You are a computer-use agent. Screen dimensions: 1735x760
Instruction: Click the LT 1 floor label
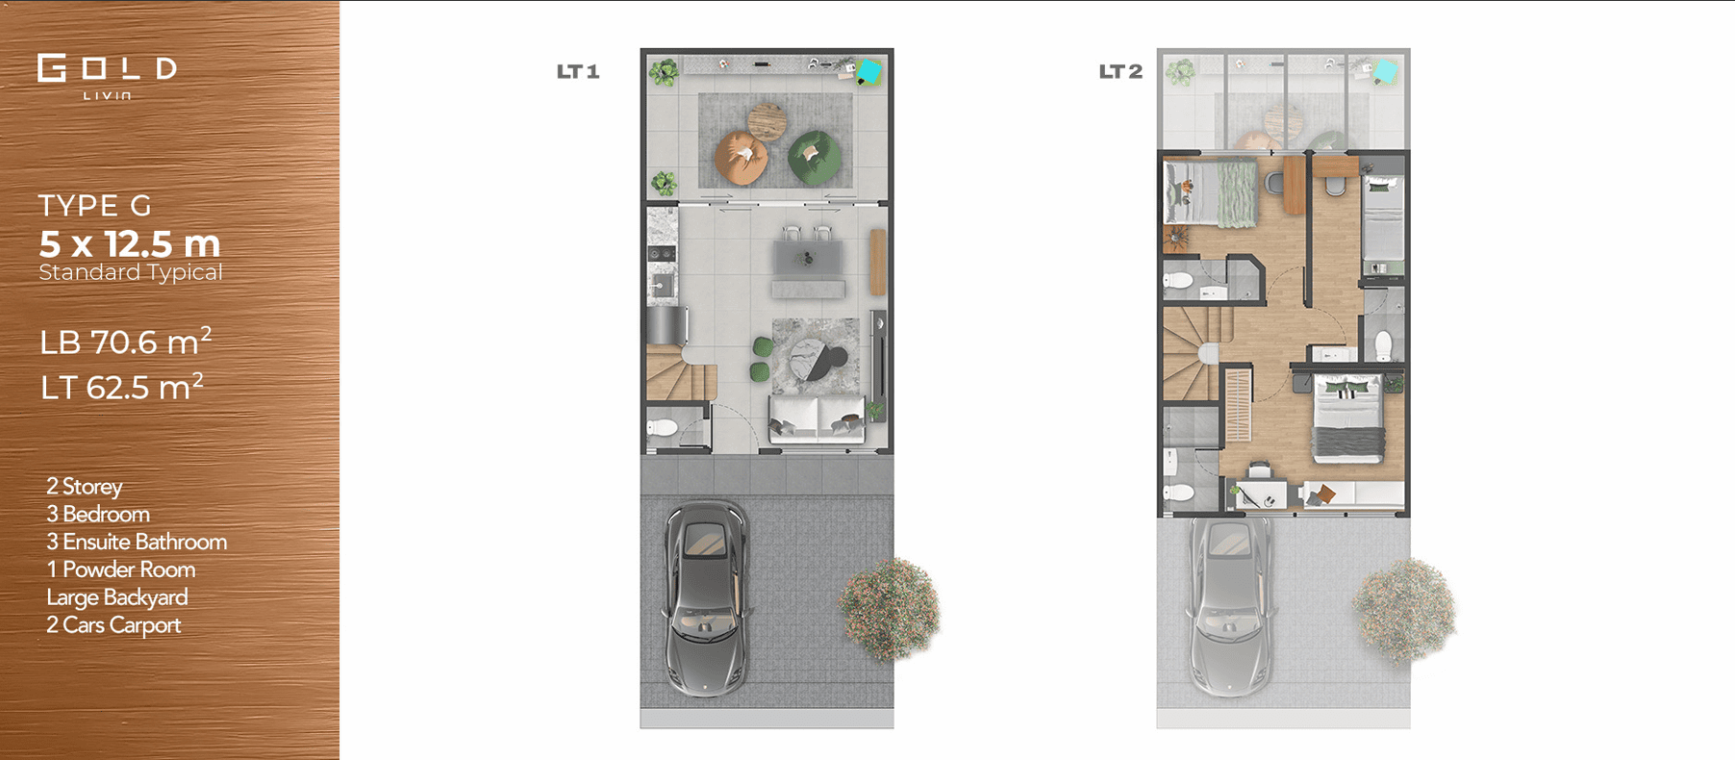coord(578,71)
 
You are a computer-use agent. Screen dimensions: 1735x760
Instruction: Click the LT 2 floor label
coord(1120,71)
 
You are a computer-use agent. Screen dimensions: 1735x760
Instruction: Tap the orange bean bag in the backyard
coord(741,158)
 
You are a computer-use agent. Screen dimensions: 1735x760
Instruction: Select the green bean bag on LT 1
coord(814,157)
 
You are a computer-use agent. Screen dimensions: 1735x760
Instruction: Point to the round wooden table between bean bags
coord(767,122)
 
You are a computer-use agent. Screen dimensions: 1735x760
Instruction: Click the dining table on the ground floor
coord(808,258)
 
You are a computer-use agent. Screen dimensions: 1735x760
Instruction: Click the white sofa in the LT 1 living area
coord(816,419)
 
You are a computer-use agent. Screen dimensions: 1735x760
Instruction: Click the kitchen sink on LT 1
coord(662,284)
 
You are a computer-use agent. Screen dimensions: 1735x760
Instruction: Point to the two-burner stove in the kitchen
coord(662,254)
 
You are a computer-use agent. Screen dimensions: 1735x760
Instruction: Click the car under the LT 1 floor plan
coord(705,597)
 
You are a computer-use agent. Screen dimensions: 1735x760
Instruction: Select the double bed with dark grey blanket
coord(1349,419)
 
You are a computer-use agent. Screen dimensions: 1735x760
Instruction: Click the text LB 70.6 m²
coord(125,342)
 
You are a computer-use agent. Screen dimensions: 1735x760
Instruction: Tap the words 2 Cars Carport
coord(113,625)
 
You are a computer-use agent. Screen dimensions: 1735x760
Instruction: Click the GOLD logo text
coord(107,68)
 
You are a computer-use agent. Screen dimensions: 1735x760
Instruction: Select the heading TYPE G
coord(95,205)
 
